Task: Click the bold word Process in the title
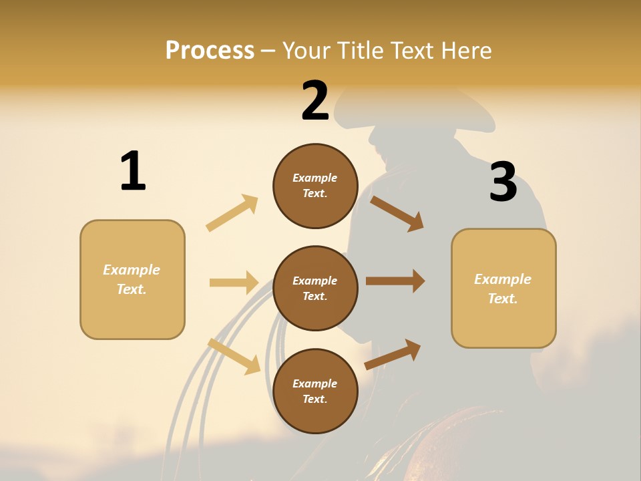coord(210,50)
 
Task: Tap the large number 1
coord(133,171)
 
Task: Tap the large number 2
coord(315,102)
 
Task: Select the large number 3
coord(503,182)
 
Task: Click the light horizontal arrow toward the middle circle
coord(234,283)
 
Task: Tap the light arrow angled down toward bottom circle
coord(234,355)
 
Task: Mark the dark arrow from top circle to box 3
coord(397,213)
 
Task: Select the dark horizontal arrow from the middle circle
coord(395,281)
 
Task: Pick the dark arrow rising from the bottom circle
coord(393,354)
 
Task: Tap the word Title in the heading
coord(358,50)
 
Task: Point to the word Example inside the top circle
coord(314,178)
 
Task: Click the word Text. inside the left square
coord(132,289)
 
